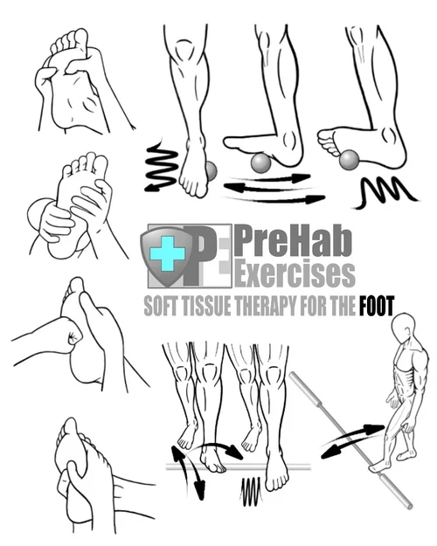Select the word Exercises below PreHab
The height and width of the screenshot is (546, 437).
click(295, 273)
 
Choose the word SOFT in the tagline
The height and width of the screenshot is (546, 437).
click(160, 306)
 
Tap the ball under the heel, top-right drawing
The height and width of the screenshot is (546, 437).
click(350, 159)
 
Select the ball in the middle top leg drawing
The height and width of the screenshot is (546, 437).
click(260, 162)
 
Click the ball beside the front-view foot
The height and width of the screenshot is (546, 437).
click(209, 170)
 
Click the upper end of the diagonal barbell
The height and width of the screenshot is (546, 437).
click(298, 379)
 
